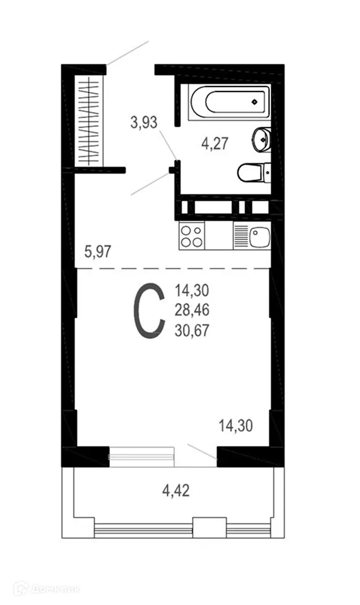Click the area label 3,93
click(x=143, y=123)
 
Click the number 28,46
click(x=192, y=309)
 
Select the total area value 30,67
click(x=192, y=329)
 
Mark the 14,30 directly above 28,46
click(x=192, y=289)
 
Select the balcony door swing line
click(x=202, y=452)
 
